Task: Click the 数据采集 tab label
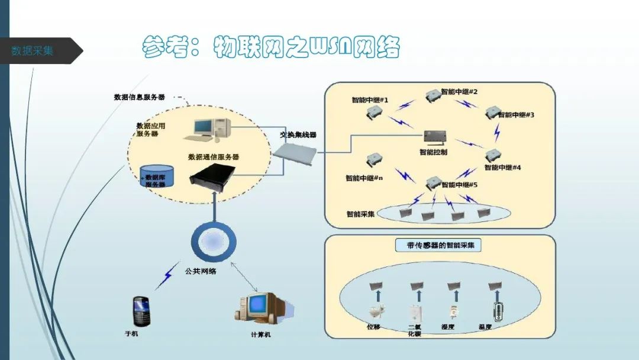click(33, 51)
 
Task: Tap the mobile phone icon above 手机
click(141, 311)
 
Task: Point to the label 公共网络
click(201, 271)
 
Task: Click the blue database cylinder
click(156, 176)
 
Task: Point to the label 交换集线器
click(298, 135)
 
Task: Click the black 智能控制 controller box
click(433, 137)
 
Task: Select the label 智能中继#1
click(370, 100)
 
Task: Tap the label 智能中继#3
click(516, 115)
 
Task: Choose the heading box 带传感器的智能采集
click(438, 245)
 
